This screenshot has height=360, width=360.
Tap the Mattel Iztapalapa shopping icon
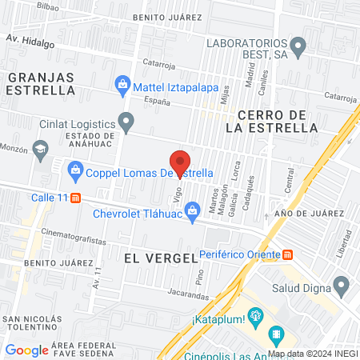[122, 82]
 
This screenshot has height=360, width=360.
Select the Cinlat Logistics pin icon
[126, 122]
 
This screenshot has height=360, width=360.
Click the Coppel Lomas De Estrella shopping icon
[75, 170]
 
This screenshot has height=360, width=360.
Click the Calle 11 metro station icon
[75, 198]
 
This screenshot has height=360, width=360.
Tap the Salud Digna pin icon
[342, 285]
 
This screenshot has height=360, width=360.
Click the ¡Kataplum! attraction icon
[255, 314]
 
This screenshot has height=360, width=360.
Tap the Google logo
[26, 350]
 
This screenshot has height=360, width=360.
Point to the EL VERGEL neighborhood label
[161, 258]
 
